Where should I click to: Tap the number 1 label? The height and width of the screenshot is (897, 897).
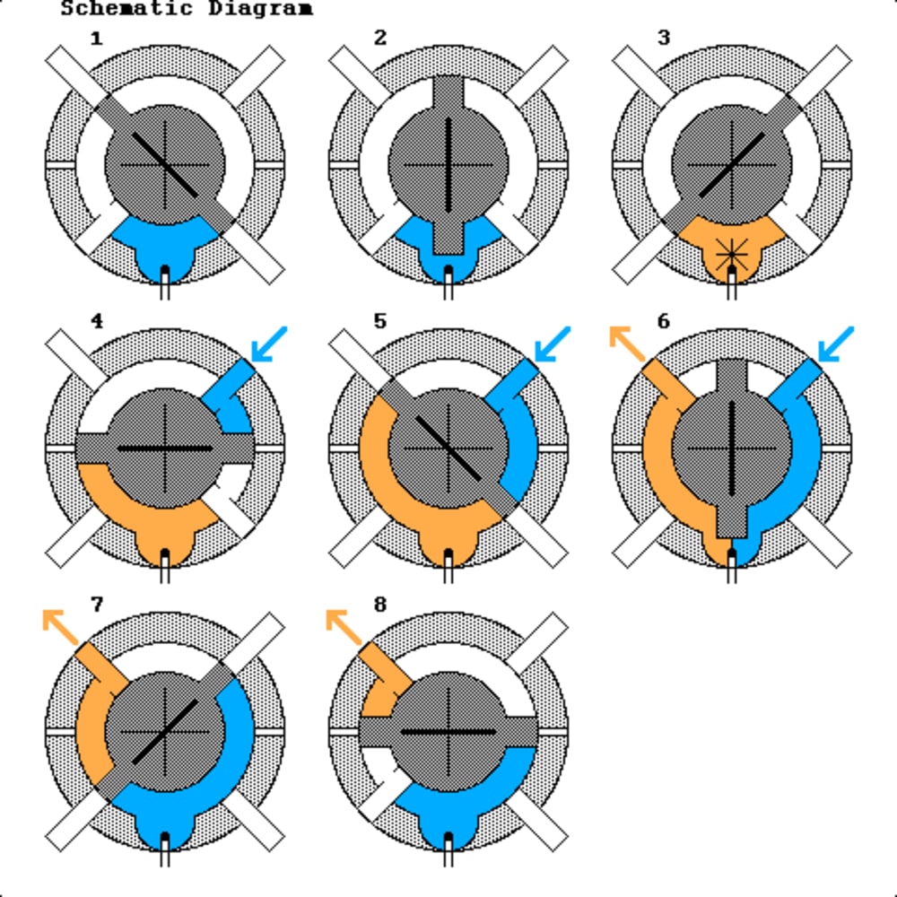(96, 38)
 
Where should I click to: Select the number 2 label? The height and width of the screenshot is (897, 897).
(380, 38)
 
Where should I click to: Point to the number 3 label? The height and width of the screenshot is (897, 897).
(664, 38)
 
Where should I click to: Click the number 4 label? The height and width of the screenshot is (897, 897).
(96, 321)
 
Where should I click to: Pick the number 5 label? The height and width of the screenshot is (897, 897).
(380, 321)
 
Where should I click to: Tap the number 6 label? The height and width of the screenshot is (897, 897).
(664, 321)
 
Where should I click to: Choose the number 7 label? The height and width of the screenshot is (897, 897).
(96, 605)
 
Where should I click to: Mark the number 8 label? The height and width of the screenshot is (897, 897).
(380, 605)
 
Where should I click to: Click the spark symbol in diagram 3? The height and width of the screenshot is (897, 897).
(732, 254)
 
